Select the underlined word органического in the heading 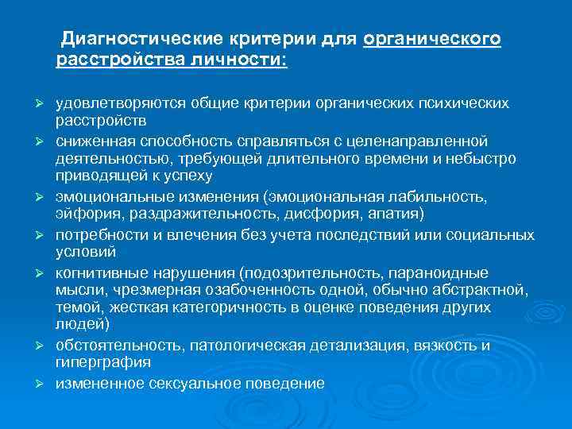[432, 39]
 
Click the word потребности [94, 235]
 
